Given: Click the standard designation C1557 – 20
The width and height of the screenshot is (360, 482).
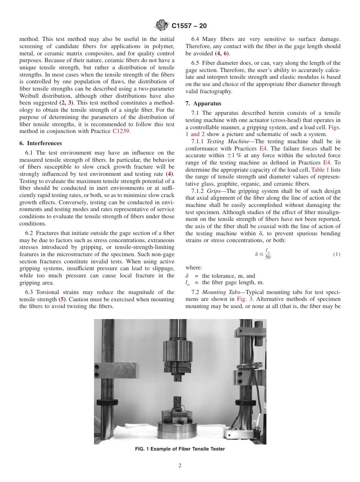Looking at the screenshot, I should click(x=189, y=26).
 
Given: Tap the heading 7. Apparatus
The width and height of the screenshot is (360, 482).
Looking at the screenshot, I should click(x=203, y=103).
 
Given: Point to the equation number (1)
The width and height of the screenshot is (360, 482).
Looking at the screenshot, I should click(x=337, y=254).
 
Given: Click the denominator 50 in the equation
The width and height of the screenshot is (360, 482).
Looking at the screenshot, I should click(x=268, y=257).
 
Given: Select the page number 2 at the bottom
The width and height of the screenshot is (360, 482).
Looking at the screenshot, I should click(x=180, y=465).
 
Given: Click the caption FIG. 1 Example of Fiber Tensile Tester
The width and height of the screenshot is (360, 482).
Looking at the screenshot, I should click(x=180, y=449).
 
